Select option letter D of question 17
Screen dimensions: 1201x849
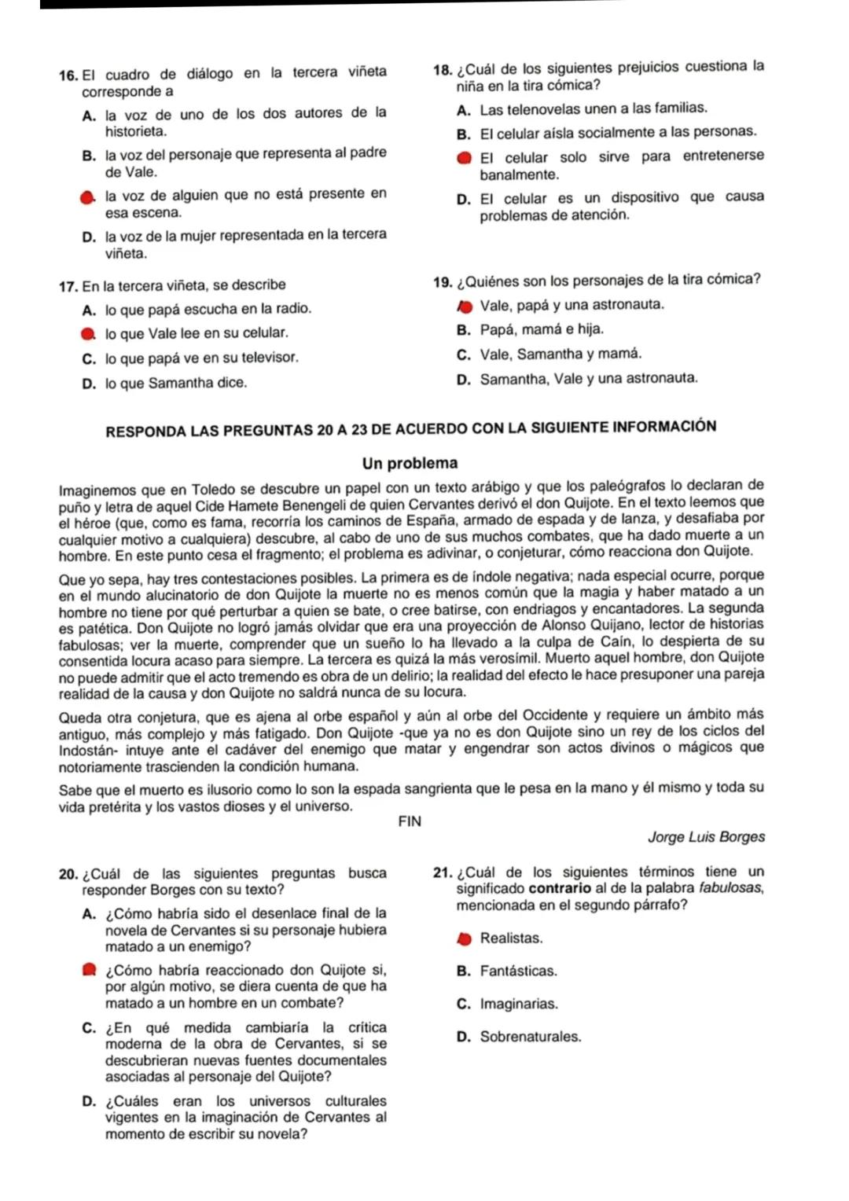tap(87, 384)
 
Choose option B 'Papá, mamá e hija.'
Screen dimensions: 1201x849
tap(542, 329)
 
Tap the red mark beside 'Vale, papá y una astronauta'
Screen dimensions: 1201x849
tap(464, 305)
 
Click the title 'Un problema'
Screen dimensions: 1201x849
tap(410, 463)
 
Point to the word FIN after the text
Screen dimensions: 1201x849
tap(410, 821)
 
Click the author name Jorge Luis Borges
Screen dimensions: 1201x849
tap(706, 837)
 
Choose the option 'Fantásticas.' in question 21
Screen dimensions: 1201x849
tap(518, 971)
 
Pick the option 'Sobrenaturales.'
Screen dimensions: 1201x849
tap(531, 1037)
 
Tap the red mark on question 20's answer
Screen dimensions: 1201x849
tap(87, 970)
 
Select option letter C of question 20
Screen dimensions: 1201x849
tap(87, 1028)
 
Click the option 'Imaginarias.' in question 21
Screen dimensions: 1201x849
tap(519, 1005)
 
